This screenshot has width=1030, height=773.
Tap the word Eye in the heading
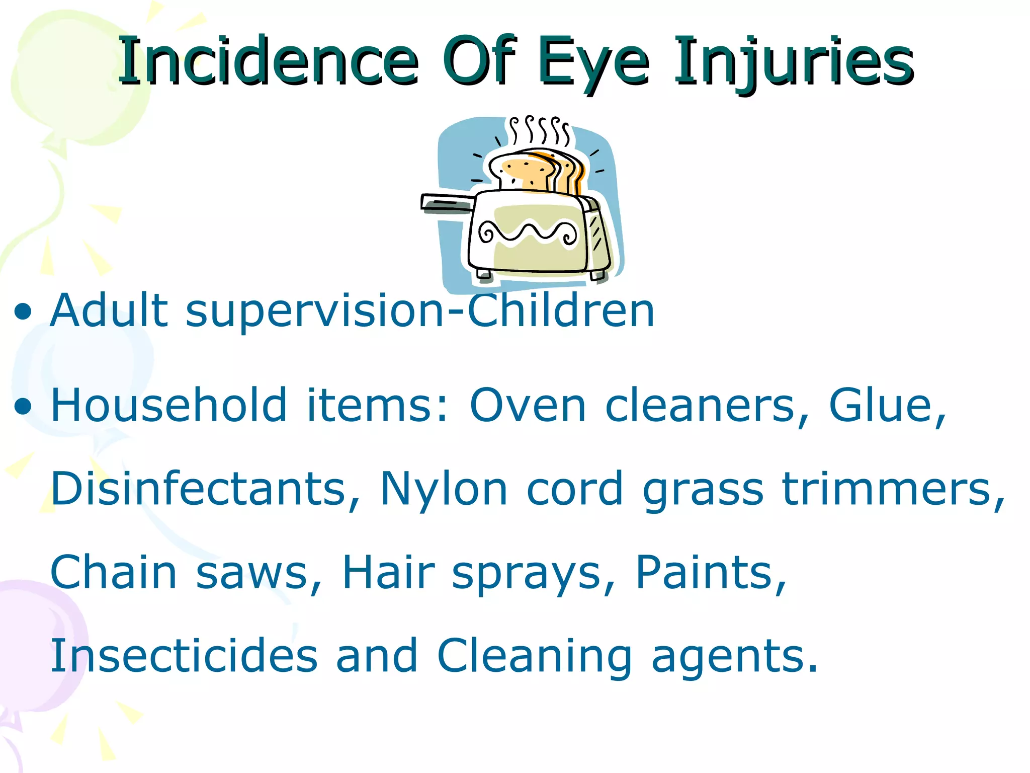pos(593,63)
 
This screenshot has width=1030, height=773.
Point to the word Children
pos(561,311)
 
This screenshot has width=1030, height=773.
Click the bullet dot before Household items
pos(23,406)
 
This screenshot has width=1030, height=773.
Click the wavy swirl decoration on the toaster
pos(528,233)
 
